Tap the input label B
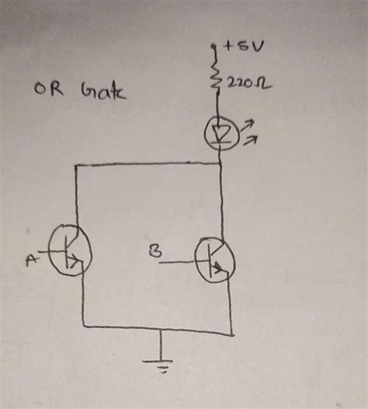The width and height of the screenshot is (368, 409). tap(154, 251)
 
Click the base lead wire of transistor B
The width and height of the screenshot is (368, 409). tap(181, 263)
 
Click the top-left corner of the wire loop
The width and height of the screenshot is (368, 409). tap(75, 165)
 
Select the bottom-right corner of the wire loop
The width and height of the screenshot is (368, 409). tap(232, 335)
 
